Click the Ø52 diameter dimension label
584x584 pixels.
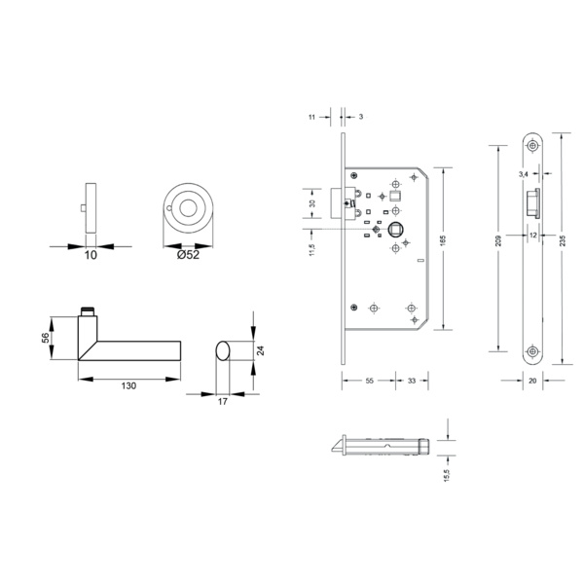click(188, 255)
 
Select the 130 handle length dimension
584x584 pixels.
click(128, 385)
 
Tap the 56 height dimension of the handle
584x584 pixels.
click(45, 338)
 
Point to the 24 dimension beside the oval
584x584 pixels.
click(260, 350)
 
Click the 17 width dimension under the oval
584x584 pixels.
click(222, 401)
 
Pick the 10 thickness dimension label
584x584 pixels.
click(91, 255)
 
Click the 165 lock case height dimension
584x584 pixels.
click(443, 240)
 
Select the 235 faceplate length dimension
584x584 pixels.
click(563, 240)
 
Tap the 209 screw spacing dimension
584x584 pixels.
click(499, 240)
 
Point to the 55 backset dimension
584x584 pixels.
click(369, 381)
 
